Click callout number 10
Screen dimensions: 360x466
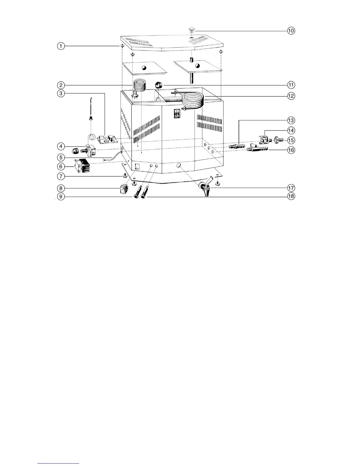click(x=291, y=31)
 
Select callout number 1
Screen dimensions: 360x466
click(x=61, y=46)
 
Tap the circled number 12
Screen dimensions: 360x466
click(x=291, y=96)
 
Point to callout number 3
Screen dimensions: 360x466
click(x=61, y=94)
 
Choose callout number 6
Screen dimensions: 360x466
click(x=61, y=167)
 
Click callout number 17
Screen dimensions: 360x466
click(x=291, y=188)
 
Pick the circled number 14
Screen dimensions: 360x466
click(x=291, y=130)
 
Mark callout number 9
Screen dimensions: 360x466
click(x=61, y=196)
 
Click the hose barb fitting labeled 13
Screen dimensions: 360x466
click(x=237, y=146)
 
